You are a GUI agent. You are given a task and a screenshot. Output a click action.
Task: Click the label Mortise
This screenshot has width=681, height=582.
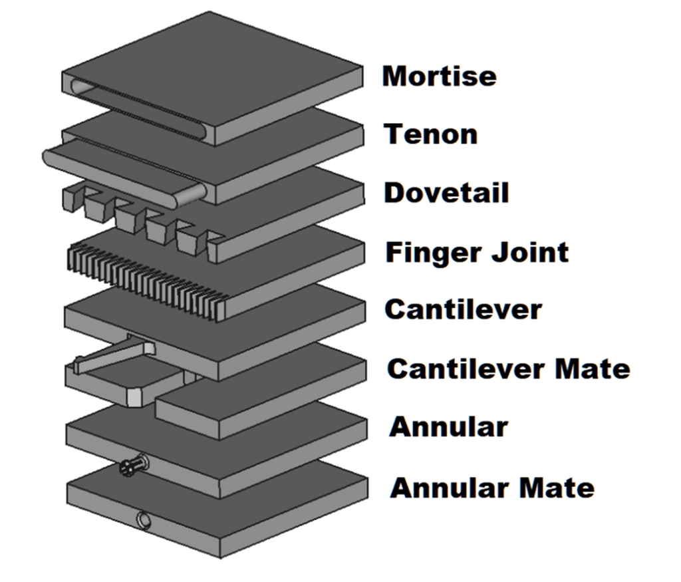(x=439, y=76)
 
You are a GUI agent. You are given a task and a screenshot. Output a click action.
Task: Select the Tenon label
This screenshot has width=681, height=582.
(x=430, y=134)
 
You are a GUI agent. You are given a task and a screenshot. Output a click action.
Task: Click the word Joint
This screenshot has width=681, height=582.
(x=530, y=252)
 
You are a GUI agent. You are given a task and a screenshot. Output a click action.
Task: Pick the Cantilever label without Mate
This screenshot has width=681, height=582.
(x=464, y=310)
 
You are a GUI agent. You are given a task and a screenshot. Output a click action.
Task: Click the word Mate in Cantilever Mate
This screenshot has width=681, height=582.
(x=593, y=368)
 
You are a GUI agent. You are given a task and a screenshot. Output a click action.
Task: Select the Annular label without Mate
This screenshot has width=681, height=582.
(x=449, y=427)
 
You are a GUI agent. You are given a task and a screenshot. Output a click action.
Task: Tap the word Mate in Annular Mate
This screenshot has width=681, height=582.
(x=557, y=488)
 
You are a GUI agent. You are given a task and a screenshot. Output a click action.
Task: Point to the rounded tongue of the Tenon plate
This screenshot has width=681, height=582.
(x=124, y=174)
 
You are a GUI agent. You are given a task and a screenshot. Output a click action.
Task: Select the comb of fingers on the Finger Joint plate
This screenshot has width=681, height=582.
(x=148, y=282)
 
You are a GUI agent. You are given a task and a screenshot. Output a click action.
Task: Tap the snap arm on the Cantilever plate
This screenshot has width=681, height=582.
(x=114, y=356)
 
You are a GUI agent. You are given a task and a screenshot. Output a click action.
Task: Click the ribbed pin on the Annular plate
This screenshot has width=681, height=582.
(x=134, y=465)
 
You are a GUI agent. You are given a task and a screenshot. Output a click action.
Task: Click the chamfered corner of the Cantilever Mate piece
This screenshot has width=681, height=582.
(x=134, y=396)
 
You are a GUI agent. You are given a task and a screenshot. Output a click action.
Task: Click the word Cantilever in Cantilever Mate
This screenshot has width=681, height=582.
(x=466, y=368)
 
